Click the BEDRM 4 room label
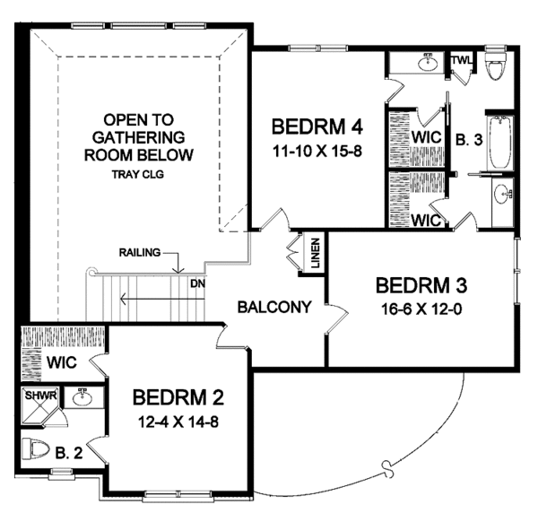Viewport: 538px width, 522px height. click(x=320, y=125)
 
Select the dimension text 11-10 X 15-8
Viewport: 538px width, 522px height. click(x=320, y=150)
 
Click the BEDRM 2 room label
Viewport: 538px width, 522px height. click(x=178, y=396)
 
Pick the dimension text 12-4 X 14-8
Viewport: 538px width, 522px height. click(x=178, y=421)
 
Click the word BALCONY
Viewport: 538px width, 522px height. click(x=274, y=307)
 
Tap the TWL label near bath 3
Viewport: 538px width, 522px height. click(x=461, y=61)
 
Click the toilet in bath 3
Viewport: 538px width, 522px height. click(x=493, y=69)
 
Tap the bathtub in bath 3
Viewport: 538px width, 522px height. click(x=498, y=144)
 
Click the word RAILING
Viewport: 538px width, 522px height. click(x=139, y=253)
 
